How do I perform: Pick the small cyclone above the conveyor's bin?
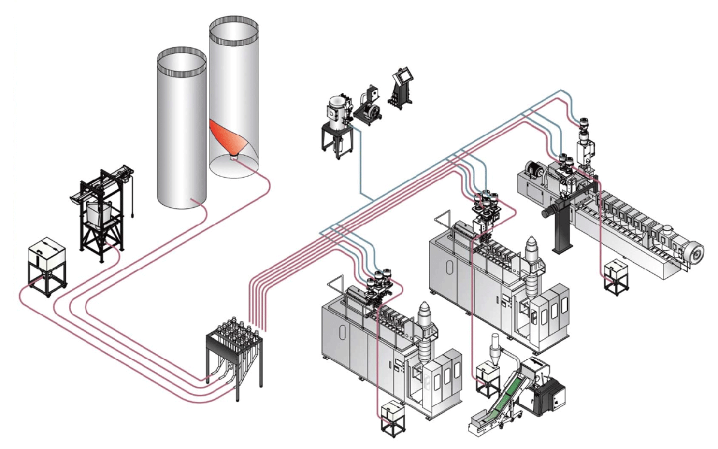click(x=494, y=350)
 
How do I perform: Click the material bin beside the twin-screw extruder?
click(x=614, y=272)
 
